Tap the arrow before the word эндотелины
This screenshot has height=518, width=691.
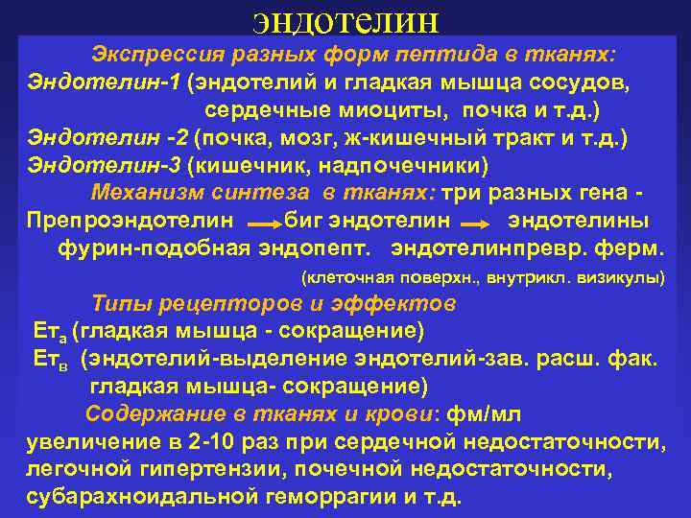click(476, 223)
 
